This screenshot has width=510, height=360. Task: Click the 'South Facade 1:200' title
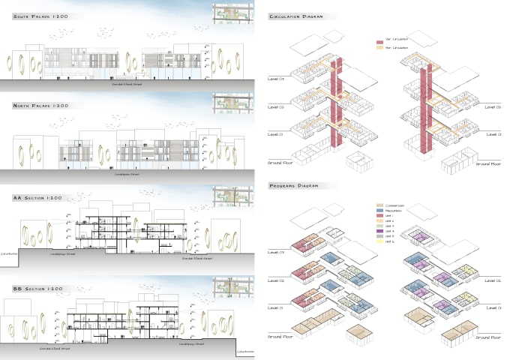(x=40, y=15)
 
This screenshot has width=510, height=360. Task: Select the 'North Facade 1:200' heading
(x=40, y=106)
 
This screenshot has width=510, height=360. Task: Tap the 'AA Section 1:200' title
(x=37, y=198)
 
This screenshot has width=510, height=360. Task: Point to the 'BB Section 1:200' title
(x=37, y=288)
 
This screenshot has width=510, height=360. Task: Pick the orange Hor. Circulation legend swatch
(x=379, y=48)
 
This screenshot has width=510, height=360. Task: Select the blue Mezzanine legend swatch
(x=379, y=210)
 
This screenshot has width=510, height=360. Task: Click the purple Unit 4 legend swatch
(x=379, y=231)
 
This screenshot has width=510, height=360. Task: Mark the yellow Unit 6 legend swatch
(x=379, y=241)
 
